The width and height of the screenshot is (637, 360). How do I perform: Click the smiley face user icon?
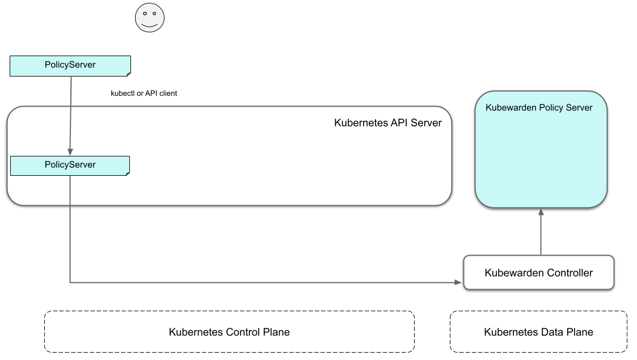click(x=150, y=18)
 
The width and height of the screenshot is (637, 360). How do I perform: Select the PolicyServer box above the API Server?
click(x=70, y=65)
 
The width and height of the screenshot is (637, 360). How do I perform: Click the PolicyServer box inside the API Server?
click(x=70, y=165)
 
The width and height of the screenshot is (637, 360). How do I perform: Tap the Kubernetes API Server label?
click(x=387, y=122)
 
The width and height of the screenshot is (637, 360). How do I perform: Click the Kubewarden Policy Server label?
click(x=539, y=108)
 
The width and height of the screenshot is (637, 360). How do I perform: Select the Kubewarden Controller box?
click(x=538, y=273)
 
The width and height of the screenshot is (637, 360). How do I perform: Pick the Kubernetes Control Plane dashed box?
click(x=229, y=332)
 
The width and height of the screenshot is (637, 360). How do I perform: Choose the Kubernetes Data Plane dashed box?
click(x=538, y=332)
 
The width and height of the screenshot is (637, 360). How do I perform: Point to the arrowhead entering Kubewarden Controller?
click(x=459, y=282)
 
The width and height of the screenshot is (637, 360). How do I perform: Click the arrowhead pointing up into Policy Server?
click(x=541, y=212)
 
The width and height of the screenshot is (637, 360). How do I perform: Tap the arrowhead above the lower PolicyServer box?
click(x=70, y=152)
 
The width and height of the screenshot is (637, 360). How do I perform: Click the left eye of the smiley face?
click(x=145, y=13)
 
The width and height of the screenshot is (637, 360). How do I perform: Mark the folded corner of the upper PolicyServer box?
click(x=128, y=74)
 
